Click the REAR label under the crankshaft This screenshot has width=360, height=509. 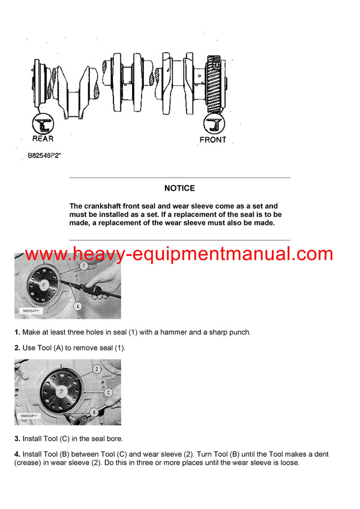click(x=43, y=138)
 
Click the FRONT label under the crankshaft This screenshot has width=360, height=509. click(x=212, y=140)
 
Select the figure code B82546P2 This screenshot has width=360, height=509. click(x=44, y=155)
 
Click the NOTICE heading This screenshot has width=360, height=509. click(x=179, y=188)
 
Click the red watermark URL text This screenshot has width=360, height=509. click(x=179, y=254)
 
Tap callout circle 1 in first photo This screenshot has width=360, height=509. click(x=85, y=264)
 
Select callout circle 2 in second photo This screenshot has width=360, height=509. click(x=96, y=369)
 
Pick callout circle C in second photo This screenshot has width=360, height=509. click(x=108, y=392)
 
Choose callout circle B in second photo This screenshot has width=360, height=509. click(x=94, y=412)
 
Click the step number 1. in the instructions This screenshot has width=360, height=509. click(x=17, y=332)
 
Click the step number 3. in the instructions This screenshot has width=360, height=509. click(x=17, y=439)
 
